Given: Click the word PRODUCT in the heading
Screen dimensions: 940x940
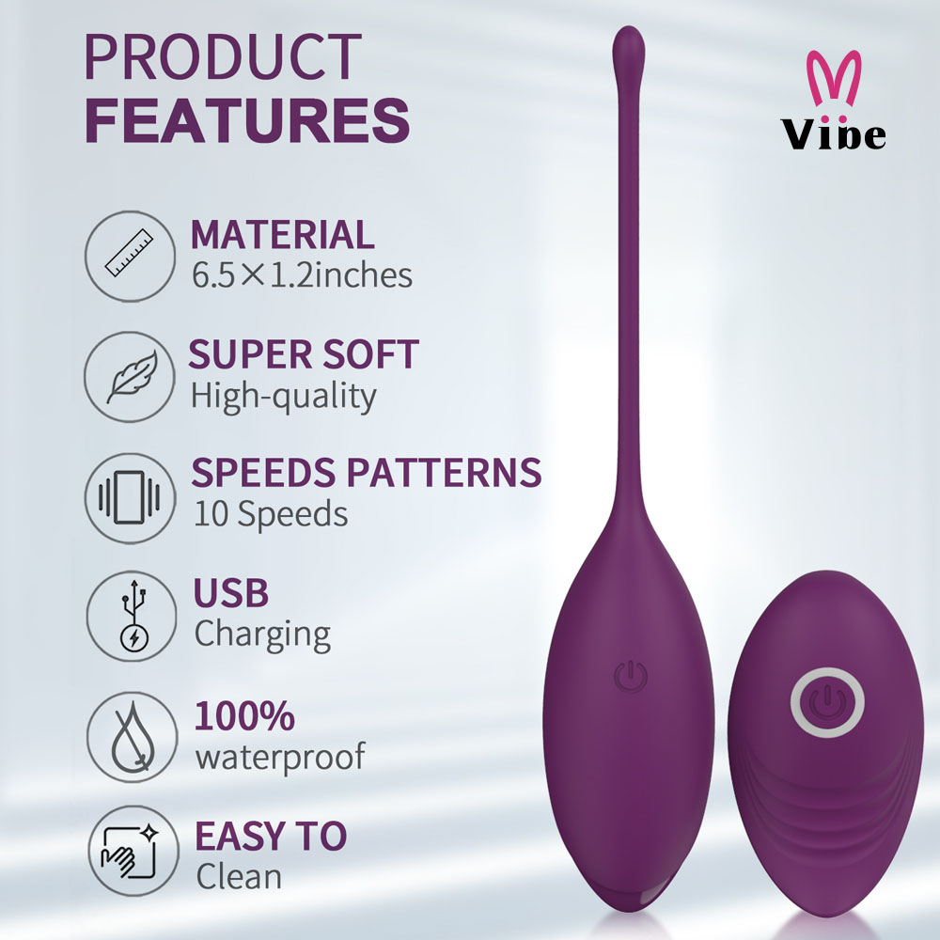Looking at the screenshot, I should (223, 58).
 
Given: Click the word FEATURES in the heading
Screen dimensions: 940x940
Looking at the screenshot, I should (247, 119).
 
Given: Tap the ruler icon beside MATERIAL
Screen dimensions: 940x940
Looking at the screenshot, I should (130, 255).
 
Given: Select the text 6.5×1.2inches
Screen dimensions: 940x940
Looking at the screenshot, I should (302, 275).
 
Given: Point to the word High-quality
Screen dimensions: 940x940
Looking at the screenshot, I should (284, 396).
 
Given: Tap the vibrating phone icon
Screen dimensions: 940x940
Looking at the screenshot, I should (130, 498).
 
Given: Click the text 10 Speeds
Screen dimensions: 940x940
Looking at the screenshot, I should (270, 514).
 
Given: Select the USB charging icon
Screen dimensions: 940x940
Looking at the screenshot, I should (130, 618).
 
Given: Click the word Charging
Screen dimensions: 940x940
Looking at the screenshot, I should (262, 634).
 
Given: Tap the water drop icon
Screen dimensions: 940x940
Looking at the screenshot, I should (130, 739).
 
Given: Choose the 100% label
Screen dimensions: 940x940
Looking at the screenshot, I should (244, 716).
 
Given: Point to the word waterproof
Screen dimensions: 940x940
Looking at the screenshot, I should (279, 756).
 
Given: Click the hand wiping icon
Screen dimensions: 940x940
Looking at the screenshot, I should (130, 857).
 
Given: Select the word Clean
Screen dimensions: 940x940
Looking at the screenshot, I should (239, 876).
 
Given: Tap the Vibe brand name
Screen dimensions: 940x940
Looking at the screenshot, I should (834, 134).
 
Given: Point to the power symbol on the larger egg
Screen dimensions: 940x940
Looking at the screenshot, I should (629, 676).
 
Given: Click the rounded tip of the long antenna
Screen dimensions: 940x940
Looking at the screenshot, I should (629, 41).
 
